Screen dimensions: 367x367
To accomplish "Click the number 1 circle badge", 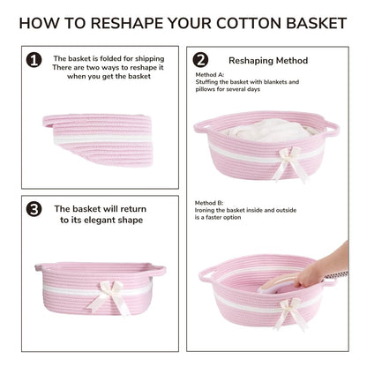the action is tap(34, 60).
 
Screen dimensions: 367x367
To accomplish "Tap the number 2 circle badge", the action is tap(200, 60).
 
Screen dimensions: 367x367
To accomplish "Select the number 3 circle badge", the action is tap(34, 209).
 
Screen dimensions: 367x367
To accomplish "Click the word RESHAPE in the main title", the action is tap(126, 23).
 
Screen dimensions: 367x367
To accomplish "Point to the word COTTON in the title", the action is tap(248, 23).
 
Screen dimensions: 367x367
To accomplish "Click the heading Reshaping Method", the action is tap(268, 61).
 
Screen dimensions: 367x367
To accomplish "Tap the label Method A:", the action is tap(210, 75).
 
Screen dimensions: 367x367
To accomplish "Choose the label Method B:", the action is tap(209, 203).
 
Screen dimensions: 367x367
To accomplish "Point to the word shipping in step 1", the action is tap(149, 59).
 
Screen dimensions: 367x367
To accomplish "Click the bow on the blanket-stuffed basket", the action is tap(290, 163).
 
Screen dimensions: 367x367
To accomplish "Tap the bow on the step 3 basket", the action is tap(109, 297).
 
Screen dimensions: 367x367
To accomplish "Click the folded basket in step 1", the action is tap(99, 139).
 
